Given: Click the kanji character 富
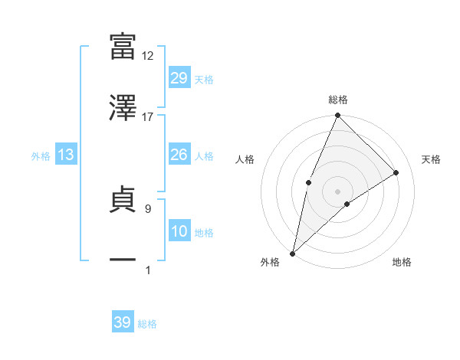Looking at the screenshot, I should [123, 46].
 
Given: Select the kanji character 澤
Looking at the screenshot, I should [123, 108].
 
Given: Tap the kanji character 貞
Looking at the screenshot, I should [123, 200].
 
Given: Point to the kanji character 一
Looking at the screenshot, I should [123, 260].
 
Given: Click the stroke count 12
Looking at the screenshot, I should [148, 55].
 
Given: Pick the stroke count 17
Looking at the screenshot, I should [148, 116].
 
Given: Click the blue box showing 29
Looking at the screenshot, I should [179, 78].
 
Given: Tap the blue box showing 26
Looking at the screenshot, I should [179, 155].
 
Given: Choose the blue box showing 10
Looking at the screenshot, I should [179, 231].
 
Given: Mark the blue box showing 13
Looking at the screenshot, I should [66, 155].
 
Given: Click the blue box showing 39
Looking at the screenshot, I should [122, 322].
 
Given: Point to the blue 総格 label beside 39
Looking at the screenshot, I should [147, 324].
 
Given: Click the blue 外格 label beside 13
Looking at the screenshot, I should [41, 156].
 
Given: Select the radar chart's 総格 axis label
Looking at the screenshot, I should [338, 100].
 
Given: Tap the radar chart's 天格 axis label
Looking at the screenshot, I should [432, 159].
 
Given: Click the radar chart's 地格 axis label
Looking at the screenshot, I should [402, 262].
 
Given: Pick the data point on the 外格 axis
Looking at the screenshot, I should [292, 253].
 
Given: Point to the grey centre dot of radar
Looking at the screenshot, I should [337, 191].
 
